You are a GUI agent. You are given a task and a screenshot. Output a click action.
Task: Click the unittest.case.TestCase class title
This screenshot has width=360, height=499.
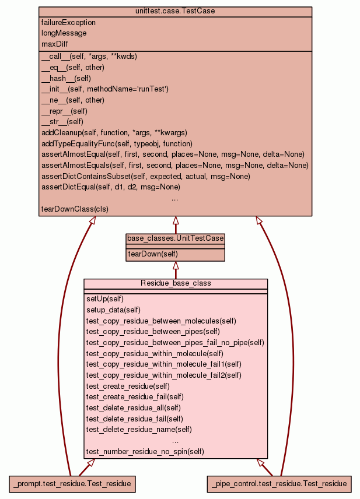click(175, 12)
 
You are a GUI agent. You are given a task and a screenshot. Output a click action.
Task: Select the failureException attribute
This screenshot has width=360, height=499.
click(69, 22)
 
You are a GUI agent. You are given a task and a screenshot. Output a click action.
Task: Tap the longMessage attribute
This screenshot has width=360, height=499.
click(64, 33)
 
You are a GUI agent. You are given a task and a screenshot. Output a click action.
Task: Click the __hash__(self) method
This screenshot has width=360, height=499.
click(66, 78)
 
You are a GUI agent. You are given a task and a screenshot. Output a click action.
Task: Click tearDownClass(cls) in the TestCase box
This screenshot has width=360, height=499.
click(75, 209)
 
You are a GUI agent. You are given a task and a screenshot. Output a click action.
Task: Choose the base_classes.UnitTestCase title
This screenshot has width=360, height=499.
click(176, 238)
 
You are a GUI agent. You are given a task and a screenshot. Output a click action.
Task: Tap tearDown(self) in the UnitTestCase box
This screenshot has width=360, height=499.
click(153, 254)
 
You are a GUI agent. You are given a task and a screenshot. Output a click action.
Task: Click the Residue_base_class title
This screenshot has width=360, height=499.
click(176, 283)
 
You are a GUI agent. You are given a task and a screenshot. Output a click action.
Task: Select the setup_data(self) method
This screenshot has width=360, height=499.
click(113, 310)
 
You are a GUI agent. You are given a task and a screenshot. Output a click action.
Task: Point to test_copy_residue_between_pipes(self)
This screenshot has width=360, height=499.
click(145, 331)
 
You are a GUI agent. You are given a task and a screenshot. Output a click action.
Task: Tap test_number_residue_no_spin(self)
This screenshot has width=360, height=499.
click(145, 451)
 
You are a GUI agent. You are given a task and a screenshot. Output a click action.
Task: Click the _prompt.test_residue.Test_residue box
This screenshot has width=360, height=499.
click(73, 483)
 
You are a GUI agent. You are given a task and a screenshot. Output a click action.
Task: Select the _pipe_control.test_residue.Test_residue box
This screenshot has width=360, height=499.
click(279, 483)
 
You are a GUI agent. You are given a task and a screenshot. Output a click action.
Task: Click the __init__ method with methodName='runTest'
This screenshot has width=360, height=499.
click(105, 89)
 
